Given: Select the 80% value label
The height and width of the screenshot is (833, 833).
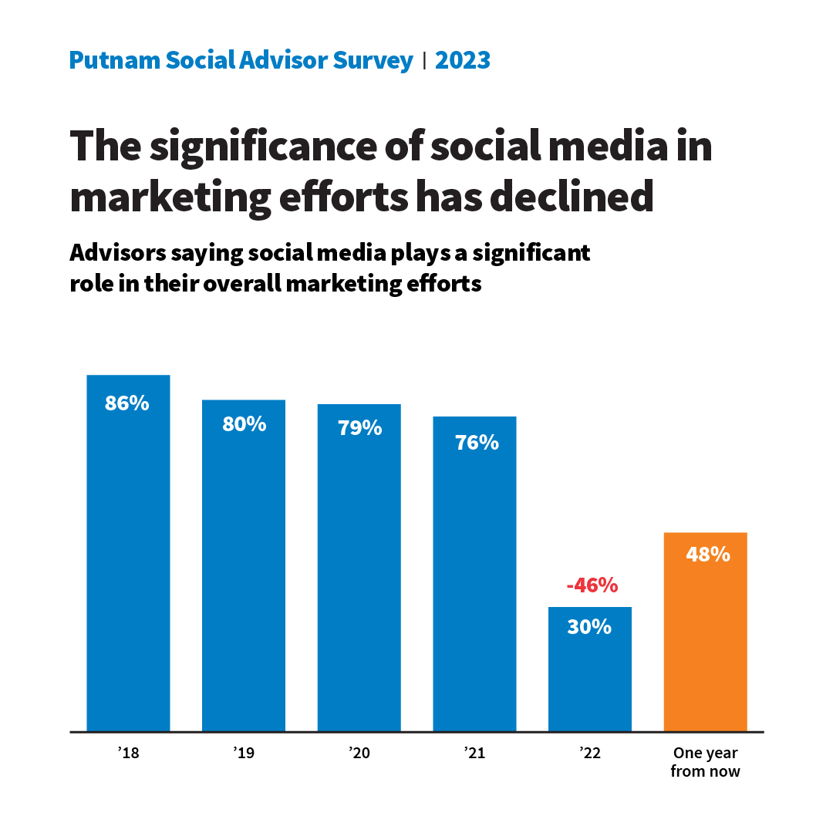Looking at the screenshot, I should point(244,423).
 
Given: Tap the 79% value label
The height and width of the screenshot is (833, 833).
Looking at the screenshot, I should point(359,428).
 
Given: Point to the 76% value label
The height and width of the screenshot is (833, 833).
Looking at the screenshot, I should point(477,443).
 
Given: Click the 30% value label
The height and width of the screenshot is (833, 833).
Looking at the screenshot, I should point(589,627).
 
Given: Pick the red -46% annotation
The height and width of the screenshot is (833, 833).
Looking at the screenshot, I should point(592,585).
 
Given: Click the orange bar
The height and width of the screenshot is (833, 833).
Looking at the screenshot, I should point(705,648).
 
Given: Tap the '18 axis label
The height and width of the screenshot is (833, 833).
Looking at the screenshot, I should point(128,754).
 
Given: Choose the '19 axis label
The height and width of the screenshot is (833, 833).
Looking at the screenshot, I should point(243,754).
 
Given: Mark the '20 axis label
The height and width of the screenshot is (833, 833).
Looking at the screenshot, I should point(359,754).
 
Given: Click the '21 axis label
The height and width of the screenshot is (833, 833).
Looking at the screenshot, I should point(474,754).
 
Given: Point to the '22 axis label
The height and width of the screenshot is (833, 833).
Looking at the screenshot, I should point(589,754).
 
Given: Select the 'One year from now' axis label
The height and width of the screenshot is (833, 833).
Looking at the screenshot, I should point(705,762).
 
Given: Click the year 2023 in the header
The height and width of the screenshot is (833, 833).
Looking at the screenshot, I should point(463,60).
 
